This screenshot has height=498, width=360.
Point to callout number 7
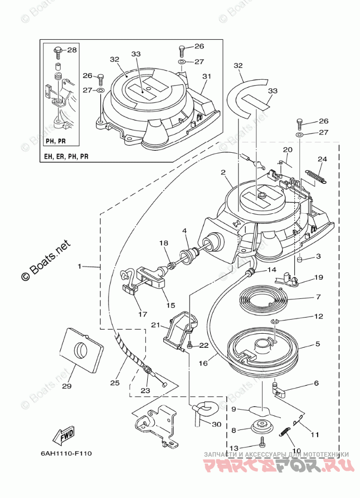(x=318, y=297)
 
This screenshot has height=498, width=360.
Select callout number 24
(x=322, y=160)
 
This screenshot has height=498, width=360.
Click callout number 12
(x=318, y=317)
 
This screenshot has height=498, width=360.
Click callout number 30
(x=216, y=424)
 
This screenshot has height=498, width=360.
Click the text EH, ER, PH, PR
(x=67, y=157)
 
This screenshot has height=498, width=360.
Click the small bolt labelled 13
(x=262, y=442)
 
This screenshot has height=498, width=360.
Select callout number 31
(x=206, y=77)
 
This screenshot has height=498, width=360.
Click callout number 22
(x=204, y=345)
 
